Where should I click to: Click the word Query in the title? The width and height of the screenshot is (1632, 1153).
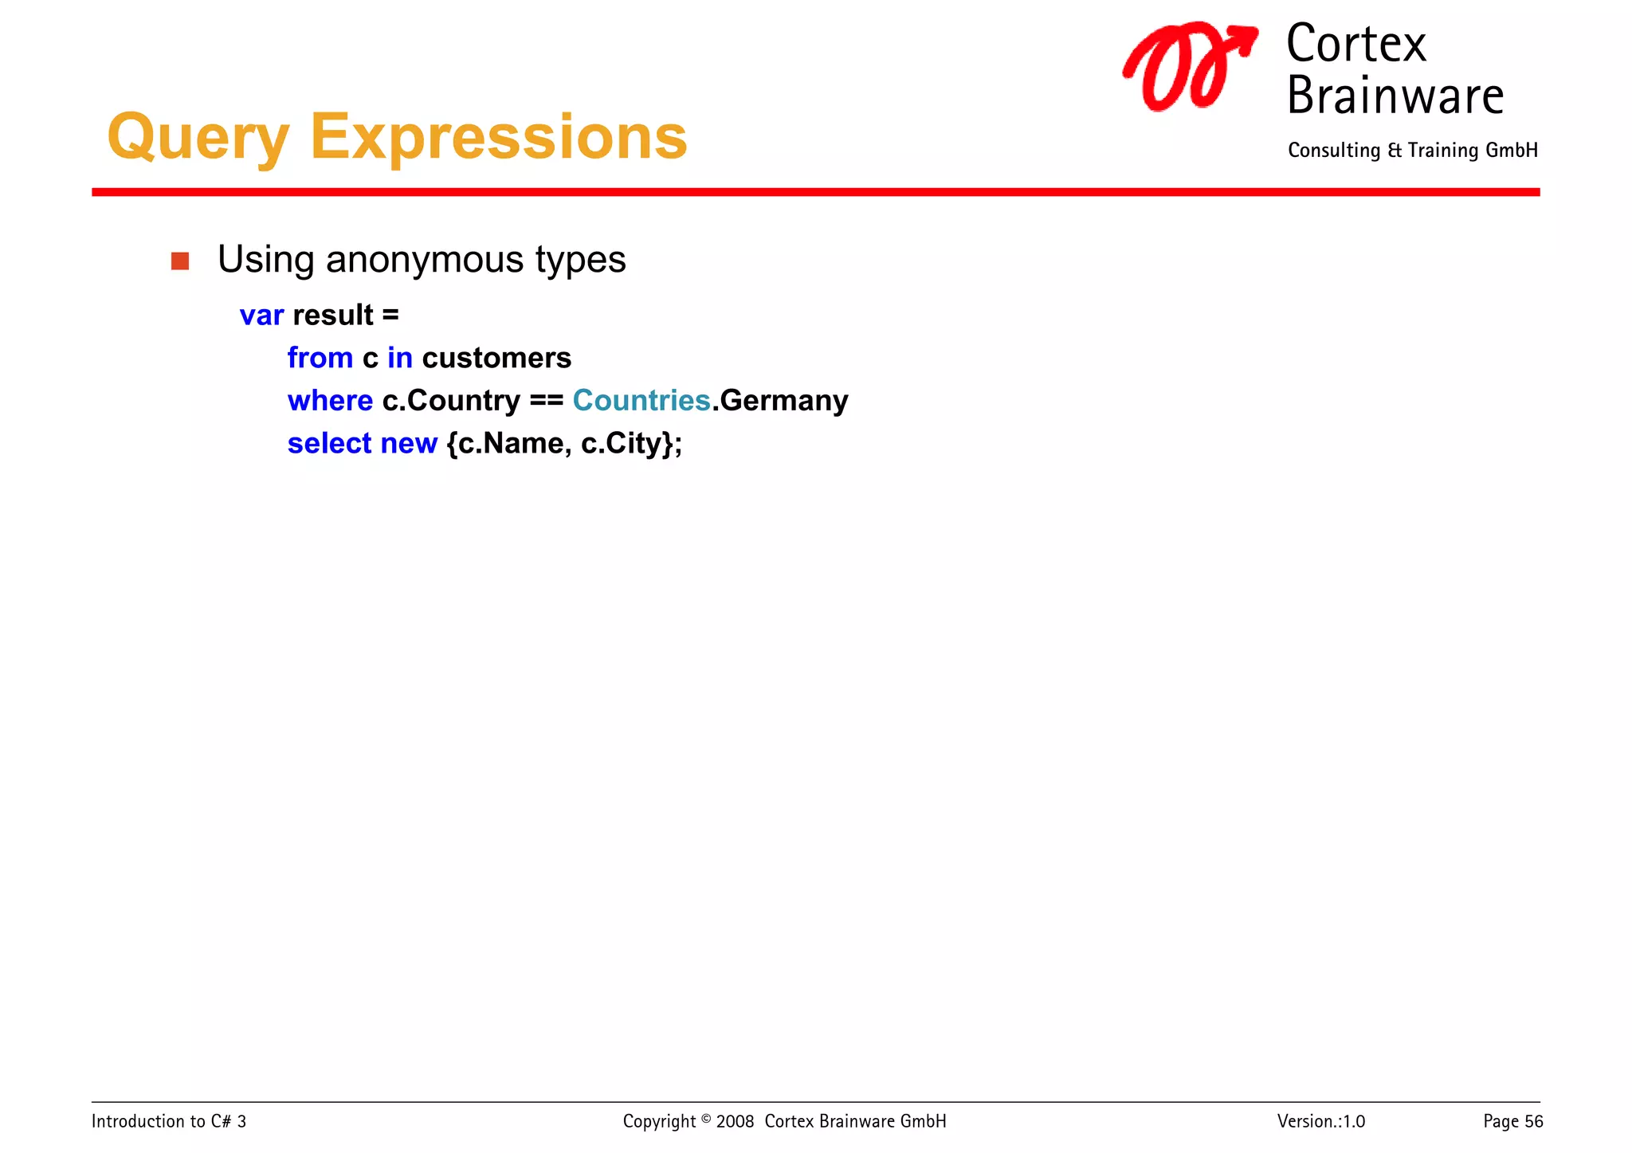pyautogui.click(x=198, y=137)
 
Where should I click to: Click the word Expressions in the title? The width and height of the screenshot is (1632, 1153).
pyautogui.click(x=498, y=137)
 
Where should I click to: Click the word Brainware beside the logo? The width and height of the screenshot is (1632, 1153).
pyautogui.click(x=1395, y=96)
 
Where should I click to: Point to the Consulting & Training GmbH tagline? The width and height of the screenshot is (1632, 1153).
pyautogui.click(x=1412, y=151)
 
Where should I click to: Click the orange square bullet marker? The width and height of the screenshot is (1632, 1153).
pyautogui.click(x=180, y=261)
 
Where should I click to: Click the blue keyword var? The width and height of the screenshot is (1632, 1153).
pyautogui.click(x=261, y=316)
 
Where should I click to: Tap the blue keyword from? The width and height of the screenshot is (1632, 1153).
pyautogui.click(x=320, y=358)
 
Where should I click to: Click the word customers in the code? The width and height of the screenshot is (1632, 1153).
pyautogui.click(x=496, y=358)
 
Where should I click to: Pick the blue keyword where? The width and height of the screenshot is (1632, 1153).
pyautogui.click(x=330, y=400)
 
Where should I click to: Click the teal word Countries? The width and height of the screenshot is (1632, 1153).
pyautogui.click(x=641, y=400)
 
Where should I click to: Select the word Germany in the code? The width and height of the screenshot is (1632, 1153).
pyautogui.click(x=783, y=400)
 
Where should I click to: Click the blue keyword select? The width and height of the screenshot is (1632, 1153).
pyautogui.click(x=329, y=443)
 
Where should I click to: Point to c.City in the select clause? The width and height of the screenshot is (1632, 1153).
pyautogui.click(x=626, y=443)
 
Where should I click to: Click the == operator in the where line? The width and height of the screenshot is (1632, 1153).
pyautogui.click(x=546, y=401)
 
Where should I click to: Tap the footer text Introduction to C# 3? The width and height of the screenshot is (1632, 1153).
pyautogui.click(x=169, y=1121)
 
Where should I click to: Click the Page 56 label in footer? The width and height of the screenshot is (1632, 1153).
pyautogui.click(x=1512, y=1121)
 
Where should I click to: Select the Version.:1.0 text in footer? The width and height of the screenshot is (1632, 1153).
pyautogui.click(x=1320, y=1121)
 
